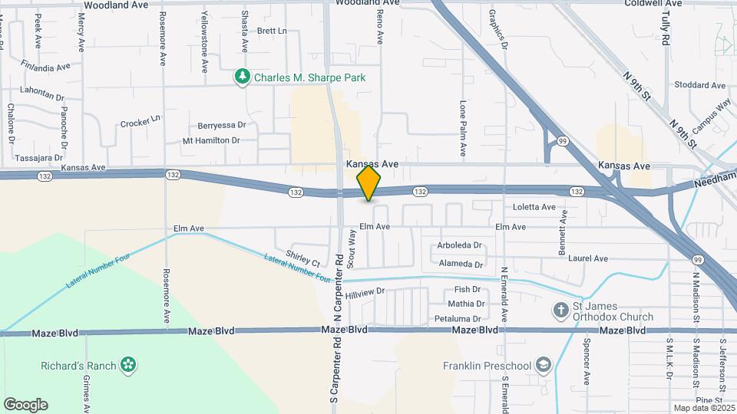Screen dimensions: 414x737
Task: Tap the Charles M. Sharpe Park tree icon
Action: tap(243, 77)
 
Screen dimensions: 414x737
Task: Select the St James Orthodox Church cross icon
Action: tap(561, 310)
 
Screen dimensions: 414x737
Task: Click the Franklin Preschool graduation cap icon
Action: tap(544, 364)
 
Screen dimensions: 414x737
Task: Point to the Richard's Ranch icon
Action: tap(128, 365)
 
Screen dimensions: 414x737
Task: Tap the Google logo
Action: tap(25, 404)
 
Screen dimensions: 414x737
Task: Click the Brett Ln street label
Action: tap(272, 31)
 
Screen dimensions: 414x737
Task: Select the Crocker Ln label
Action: tap(140, 121)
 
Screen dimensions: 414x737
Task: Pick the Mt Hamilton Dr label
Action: tap(211, 140)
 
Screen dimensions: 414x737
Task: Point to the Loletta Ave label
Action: tap(534, 207)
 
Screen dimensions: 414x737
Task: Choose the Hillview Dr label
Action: tap(365, 293)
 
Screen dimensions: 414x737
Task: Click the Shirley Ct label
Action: tap(302, 258)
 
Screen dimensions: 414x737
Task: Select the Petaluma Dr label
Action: tap(458, 318)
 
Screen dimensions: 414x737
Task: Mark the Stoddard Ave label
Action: tap(699, 85)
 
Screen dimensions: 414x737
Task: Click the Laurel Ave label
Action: tap(588, 258)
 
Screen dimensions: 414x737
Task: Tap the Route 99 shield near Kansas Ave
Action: tap(563, 141)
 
